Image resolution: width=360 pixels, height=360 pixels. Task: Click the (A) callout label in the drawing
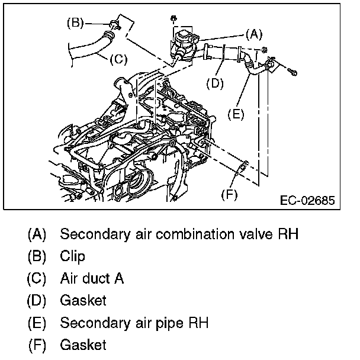pos(253,34)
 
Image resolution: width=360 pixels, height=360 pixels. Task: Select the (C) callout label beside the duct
pos(118,59)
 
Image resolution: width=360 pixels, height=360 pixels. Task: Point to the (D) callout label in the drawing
pos(215,83)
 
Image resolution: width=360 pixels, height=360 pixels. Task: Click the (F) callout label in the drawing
pos(229,194)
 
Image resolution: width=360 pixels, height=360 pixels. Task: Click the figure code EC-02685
pos(307,200)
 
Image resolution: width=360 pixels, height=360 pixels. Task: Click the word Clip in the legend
pos(72,256)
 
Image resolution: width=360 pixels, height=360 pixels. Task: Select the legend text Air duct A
pos(91,278)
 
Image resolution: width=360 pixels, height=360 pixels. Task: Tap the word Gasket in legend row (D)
pos(83,300)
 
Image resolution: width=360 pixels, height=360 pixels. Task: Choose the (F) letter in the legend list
pos(36,345)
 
